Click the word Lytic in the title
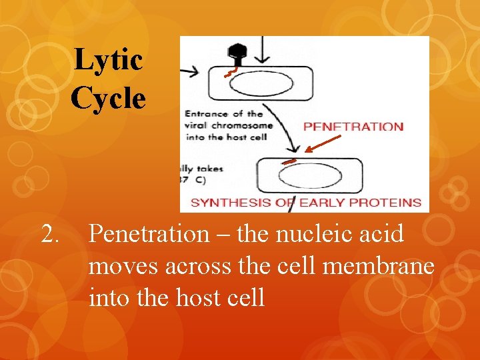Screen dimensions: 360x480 [x=108, y=60]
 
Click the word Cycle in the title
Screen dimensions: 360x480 [x=108, y=98]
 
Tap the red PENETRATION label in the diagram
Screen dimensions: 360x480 [x=353, y=127]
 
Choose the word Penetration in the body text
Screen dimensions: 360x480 [x=149, y=235]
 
